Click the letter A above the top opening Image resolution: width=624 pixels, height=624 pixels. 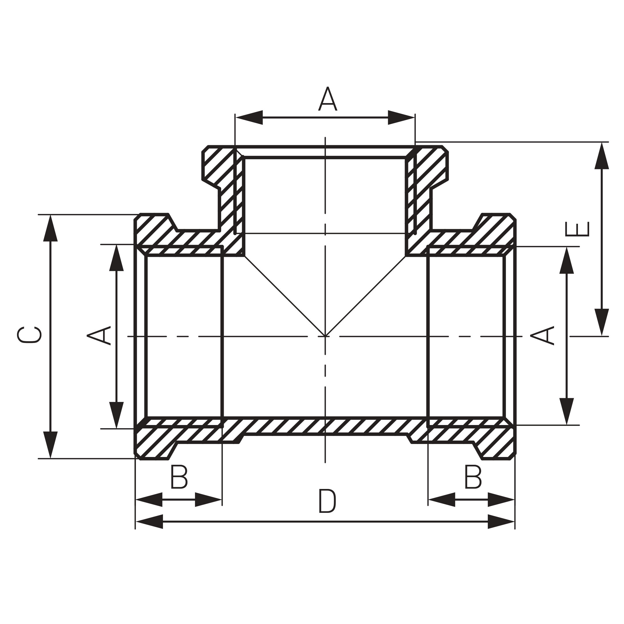(327, 99)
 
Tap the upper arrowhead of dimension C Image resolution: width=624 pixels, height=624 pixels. (50, 228)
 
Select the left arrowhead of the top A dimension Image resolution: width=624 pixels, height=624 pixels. (249, 117)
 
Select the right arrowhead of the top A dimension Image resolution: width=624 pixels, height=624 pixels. (401, 117)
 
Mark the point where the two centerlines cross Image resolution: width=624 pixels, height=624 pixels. (325, 336)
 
